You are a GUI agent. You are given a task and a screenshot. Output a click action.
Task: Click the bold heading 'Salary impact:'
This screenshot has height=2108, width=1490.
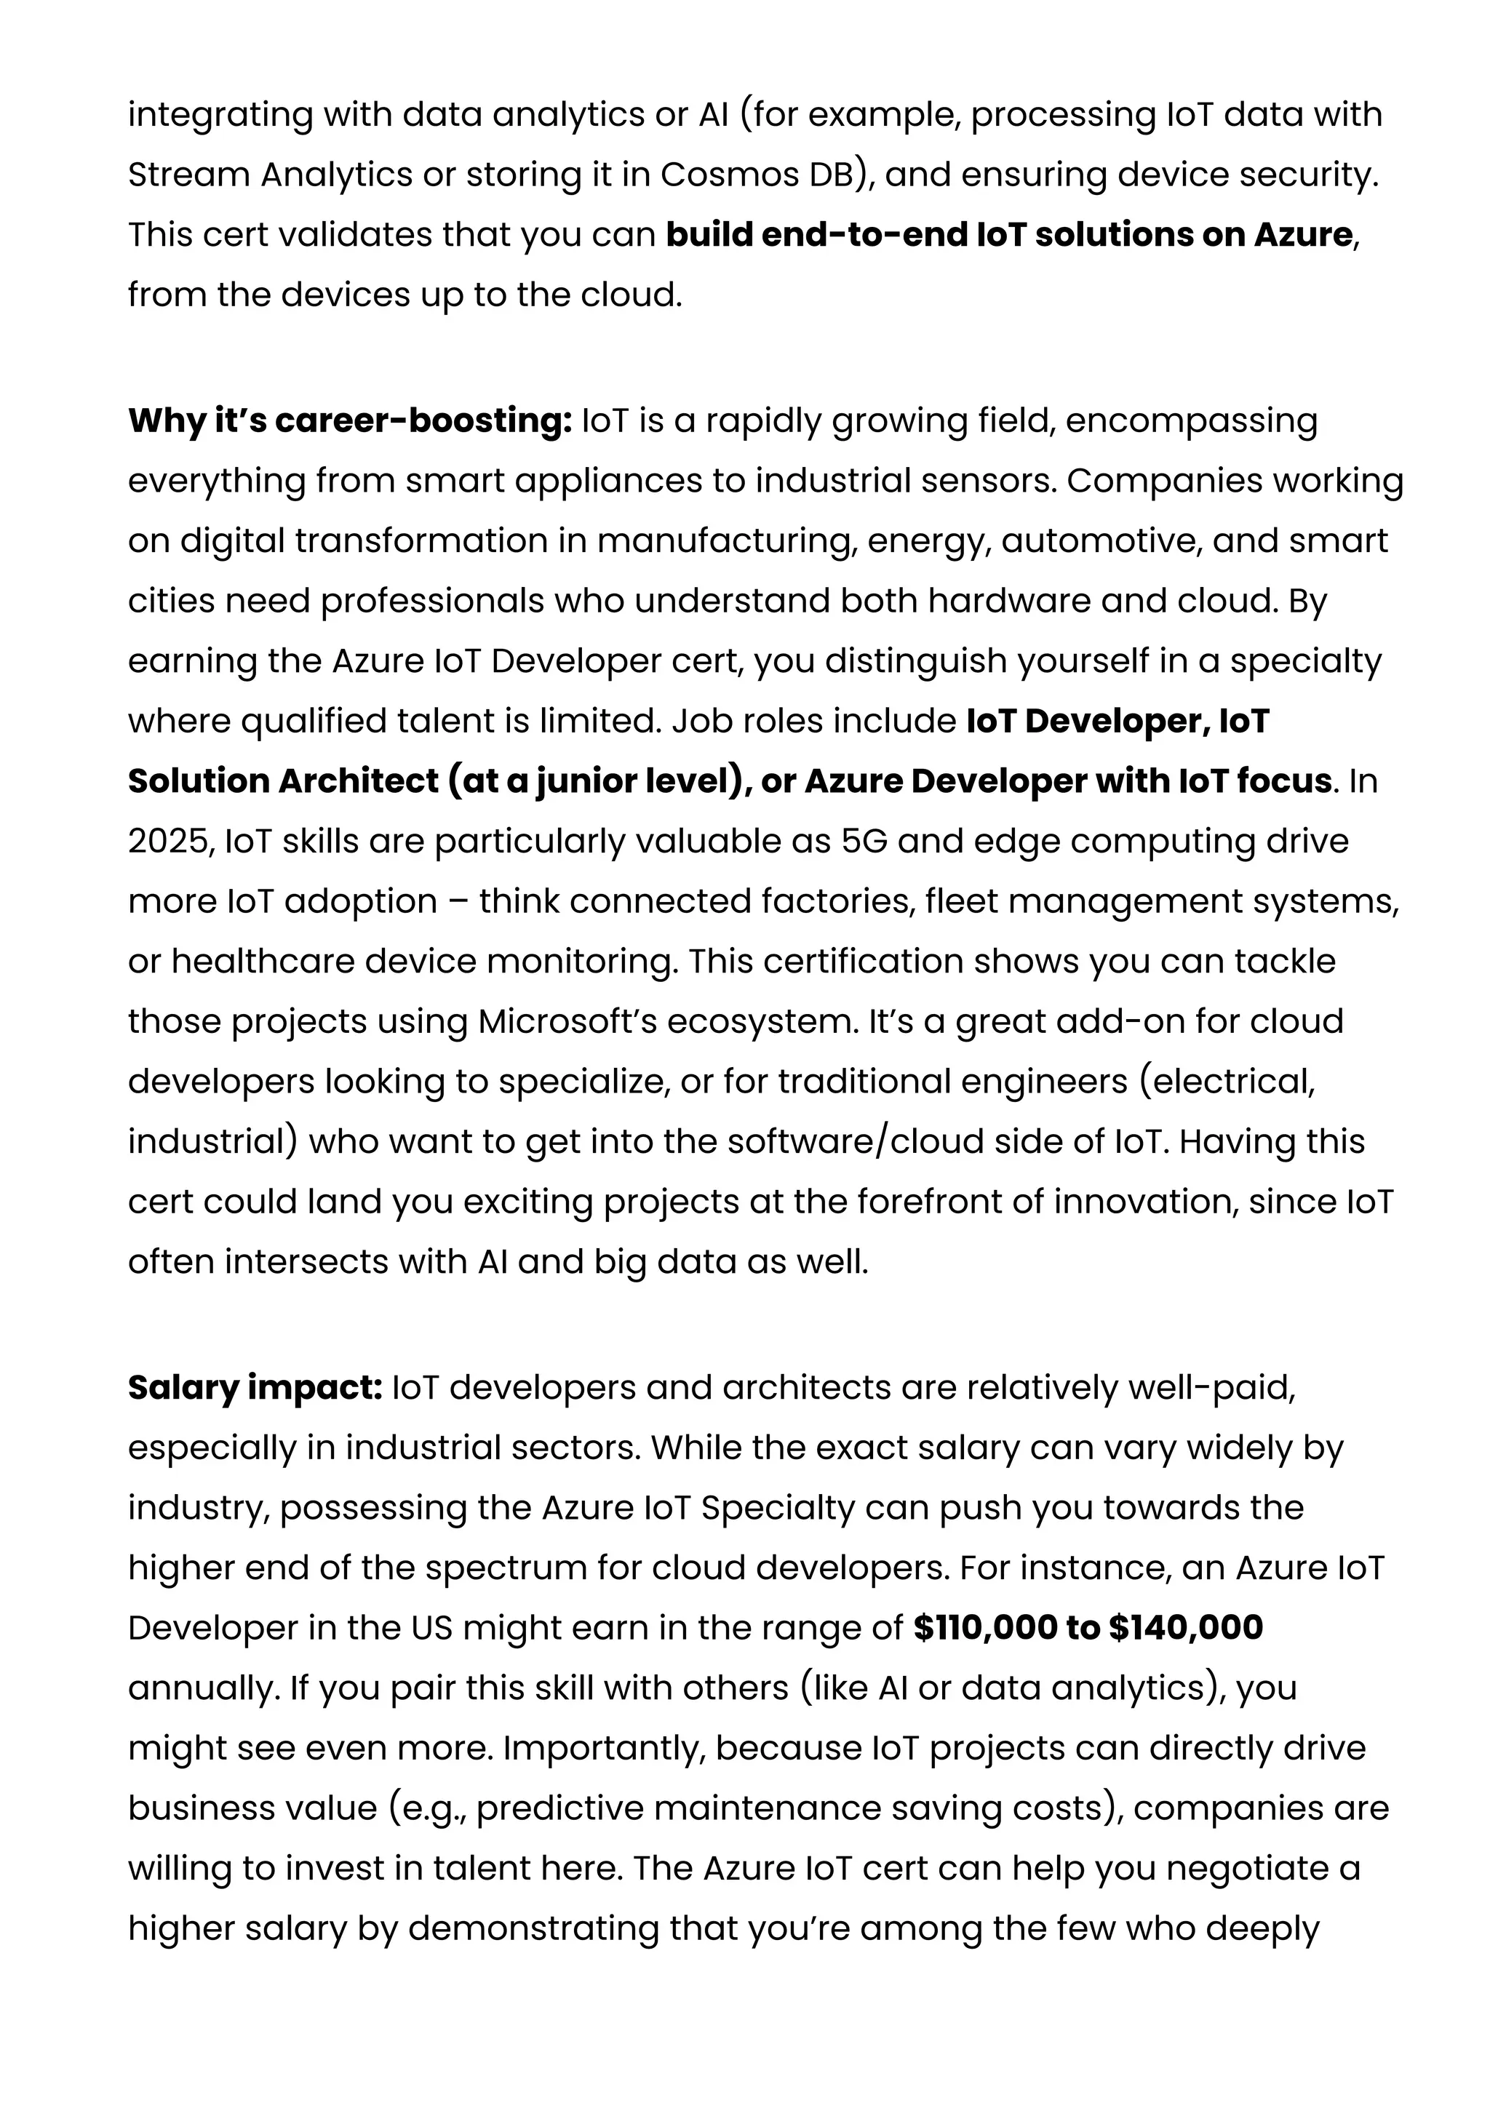(255, 1387)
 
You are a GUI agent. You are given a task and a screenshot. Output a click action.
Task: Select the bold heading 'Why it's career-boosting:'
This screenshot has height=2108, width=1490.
(350, 420)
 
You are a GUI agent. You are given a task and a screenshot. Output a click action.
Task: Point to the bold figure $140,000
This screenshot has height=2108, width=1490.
(1185, 1628)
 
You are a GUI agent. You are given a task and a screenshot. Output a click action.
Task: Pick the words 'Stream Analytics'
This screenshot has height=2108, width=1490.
(270, 175)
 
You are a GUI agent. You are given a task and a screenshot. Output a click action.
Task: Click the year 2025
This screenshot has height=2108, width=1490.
(169, 841)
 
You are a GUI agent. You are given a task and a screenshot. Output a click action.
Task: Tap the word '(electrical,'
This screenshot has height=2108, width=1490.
(1227, 1082)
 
